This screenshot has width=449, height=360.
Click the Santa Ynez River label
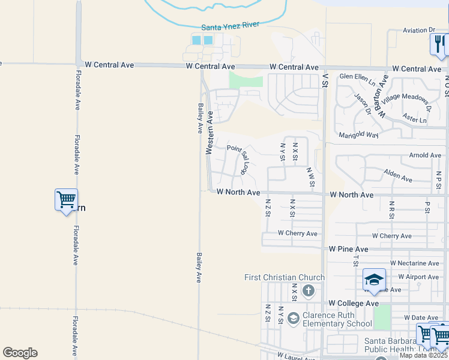click(232, 27)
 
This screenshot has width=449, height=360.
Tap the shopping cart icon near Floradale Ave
click(66, 199)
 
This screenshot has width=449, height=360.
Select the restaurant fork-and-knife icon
click(438, 43)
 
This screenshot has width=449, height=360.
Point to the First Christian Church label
click(285, 277)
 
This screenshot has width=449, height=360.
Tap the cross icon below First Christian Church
click(308, 291)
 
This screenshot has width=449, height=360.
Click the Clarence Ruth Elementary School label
click(337, 320)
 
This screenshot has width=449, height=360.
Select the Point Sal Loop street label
click(238, 159)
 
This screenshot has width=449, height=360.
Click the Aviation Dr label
click(419, 29)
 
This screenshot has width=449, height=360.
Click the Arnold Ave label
click(424, 155)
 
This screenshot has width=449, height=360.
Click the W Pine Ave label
click(348, 248)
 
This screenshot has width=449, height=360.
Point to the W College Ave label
click(353, 304)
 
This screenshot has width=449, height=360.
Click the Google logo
click(20, 353)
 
